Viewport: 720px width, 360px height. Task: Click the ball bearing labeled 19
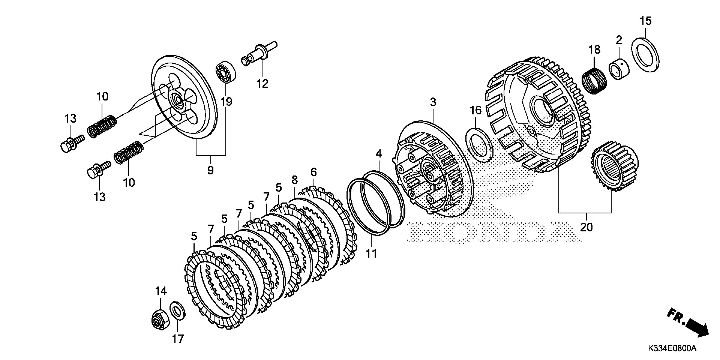(x=225, y=73)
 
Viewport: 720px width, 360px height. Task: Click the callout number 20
(x=587, y=227)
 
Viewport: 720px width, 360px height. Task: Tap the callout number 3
(x=433, y=102)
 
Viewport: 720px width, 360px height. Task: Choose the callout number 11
(x=371, y=254)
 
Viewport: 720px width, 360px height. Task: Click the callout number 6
(x=313, y=172)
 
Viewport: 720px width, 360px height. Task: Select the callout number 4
(x=379, y=153)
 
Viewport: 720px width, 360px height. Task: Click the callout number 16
(x=475, y=110)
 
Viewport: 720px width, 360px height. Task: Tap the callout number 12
(x=262, y=84)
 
